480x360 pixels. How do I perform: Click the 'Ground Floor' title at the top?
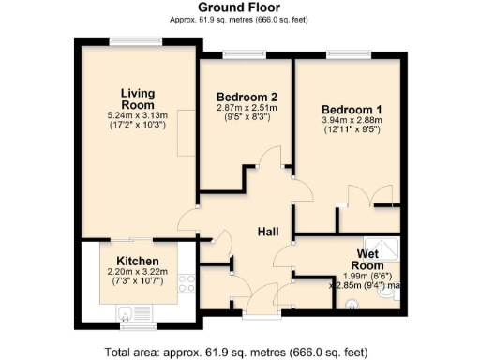pos(239,7)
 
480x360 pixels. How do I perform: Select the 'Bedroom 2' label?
pos(247,97)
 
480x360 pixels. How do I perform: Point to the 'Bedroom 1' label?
pos(347,109)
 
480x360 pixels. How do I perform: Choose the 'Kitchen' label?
pos(137,261)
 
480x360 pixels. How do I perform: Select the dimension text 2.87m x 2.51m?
pos(247,109)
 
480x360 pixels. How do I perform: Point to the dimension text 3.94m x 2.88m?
pos(347,121)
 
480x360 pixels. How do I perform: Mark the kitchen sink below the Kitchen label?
pos(124,313)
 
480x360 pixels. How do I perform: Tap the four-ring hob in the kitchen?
pos(187,282)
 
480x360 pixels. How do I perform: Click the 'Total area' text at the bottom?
pos(239,352)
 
